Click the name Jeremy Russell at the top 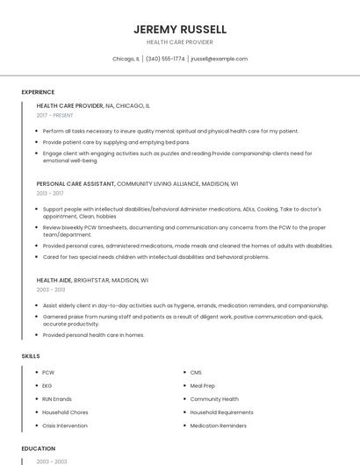[179, 29]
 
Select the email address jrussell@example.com [219, 59]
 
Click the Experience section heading [38, 92]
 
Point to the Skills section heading [30, 355]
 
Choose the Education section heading [38, 448]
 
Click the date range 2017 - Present [55, 115]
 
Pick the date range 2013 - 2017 [50, 193]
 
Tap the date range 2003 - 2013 [51, 289]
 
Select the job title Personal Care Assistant [76, 184]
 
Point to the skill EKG [47, 386]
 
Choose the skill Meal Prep [203, 386]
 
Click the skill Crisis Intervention [65, 426]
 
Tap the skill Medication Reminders [219, 426]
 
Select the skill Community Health [214, 399]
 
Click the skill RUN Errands [57, 399]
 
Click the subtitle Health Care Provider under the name [179, 42]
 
